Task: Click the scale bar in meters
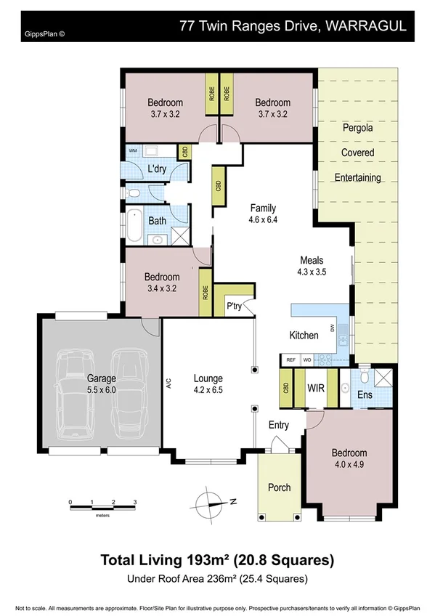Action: pyautogui.click(x=102, y=508)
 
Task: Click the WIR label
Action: pyautogui.click(x=314, y=389)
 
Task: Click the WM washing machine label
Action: pyautogui.click(x=132, y=150)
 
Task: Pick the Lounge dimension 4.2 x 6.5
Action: pyautogui.click(x=208, y=389)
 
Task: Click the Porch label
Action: pyautogui.click(x=280, y=487)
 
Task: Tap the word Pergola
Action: pyautogui.click(x=357, y=128)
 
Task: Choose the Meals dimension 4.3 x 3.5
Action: pyautogui.click(x=312, y=272)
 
